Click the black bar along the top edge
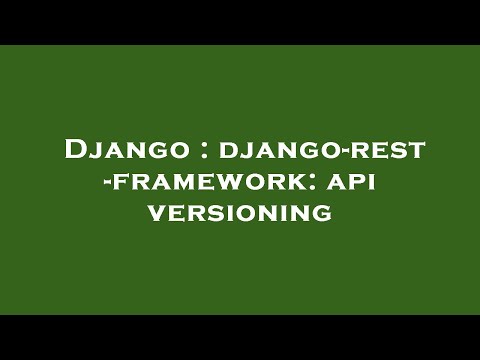(x=240, y=22)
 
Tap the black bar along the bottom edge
(x=240, y=337)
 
